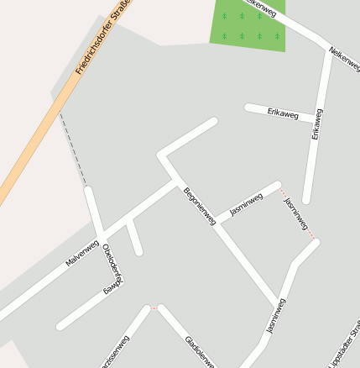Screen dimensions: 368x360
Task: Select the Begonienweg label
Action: click(x=200, y=206)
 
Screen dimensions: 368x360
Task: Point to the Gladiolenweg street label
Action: click(x=200, y=352)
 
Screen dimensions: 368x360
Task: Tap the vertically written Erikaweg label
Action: click(x=317, y=124)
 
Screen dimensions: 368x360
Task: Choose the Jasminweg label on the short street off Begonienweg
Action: click(x=246, y=205)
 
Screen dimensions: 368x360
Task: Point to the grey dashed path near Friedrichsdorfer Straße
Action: click(x=73, y=151)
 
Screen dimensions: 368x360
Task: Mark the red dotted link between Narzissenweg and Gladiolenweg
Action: click(x=153, y=308)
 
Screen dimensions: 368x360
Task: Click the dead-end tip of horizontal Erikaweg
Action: click(x=248, y=107)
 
